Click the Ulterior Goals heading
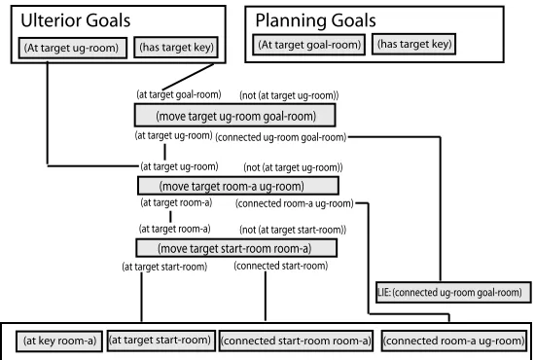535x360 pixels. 76,20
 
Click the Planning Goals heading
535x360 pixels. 315,20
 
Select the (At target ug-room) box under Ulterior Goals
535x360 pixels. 73,48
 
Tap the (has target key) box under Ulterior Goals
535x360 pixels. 176,47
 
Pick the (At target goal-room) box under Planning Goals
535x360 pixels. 308,45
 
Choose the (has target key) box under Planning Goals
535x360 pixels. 413,44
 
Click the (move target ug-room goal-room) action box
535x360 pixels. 235,116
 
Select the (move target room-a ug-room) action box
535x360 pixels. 238,186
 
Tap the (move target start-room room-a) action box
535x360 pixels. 236,248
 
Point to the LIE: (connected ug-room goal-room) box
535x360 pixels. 453,292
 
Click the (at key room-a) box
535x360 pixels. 59,341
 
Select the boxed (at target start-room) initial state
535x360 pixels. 161,341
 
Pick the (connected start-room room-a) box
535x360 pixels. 296,341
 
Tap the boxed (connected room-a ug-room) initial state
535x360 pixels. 454,341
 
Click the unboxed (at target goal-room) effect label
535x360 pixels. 179,94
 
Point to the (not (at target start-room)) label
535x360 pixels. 293,230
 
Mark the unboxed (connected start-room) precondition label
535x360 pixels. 281,266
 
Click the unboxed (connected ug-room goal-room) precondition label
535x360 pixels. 280,137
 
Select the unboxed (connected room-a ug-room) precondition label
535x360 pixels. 295,203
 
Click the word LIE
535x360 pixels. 384,293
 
